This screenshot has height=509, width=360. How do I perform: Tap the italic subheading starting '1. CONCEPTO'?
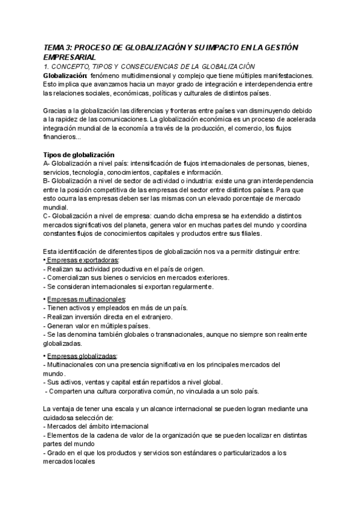point(149,66)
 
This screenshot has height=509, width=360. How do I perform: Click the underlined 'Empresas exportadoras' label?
point(83,260)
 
